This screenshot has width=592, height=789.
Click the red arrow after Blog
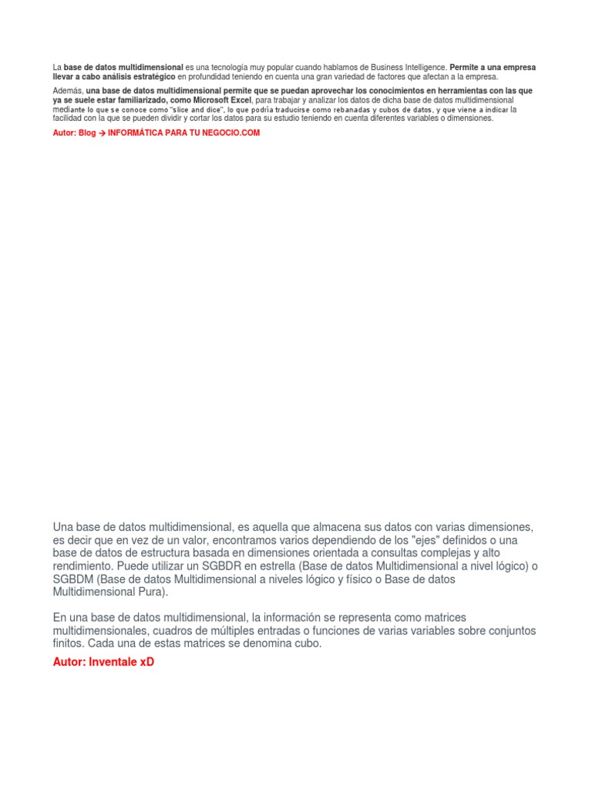pos(102,133)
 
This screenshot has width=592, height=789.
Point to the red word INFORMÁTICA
pos(135,133)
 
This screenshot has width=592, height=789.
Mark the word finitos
pos(69,643)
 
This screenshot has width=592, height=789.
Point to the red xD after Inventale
pos(147,662)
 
